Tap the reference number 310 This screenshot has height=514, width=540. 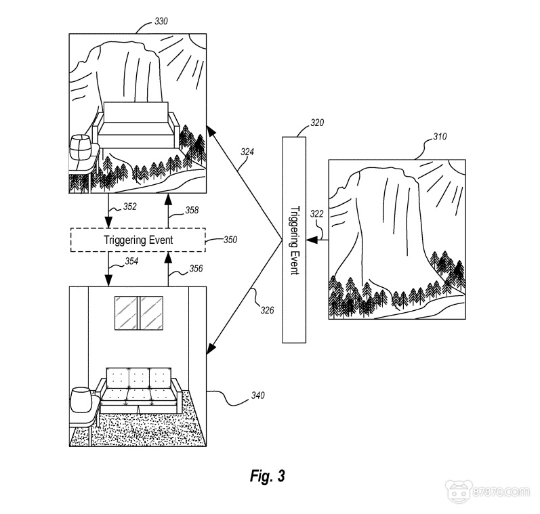tap(440, 137)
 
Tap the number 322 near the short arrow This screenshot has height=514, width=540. tap(318, 214)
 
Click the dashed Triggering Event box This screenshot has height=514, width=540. tap(138, 240)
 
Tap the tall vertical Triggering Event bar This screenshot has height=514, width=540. tap(293, 239)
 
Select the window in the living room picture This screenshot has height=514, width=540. tap(138, 314)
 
